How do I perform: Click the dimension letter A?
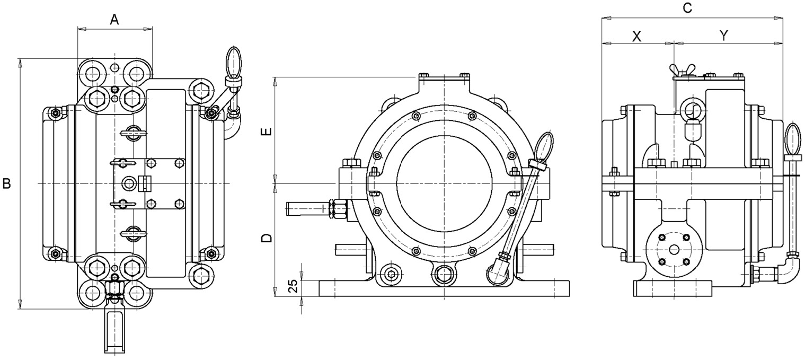[x=114, y=20]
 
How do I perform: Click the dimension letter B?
[x=7, y=183]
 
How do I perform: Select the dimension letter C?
[x=687, y=7]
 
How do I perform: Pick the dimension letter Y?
[x=724, y=36]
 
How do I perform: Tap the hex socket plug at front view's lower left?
[x=391, y=274]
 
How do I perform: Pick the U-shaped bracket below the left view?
[x=115, y=331]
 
